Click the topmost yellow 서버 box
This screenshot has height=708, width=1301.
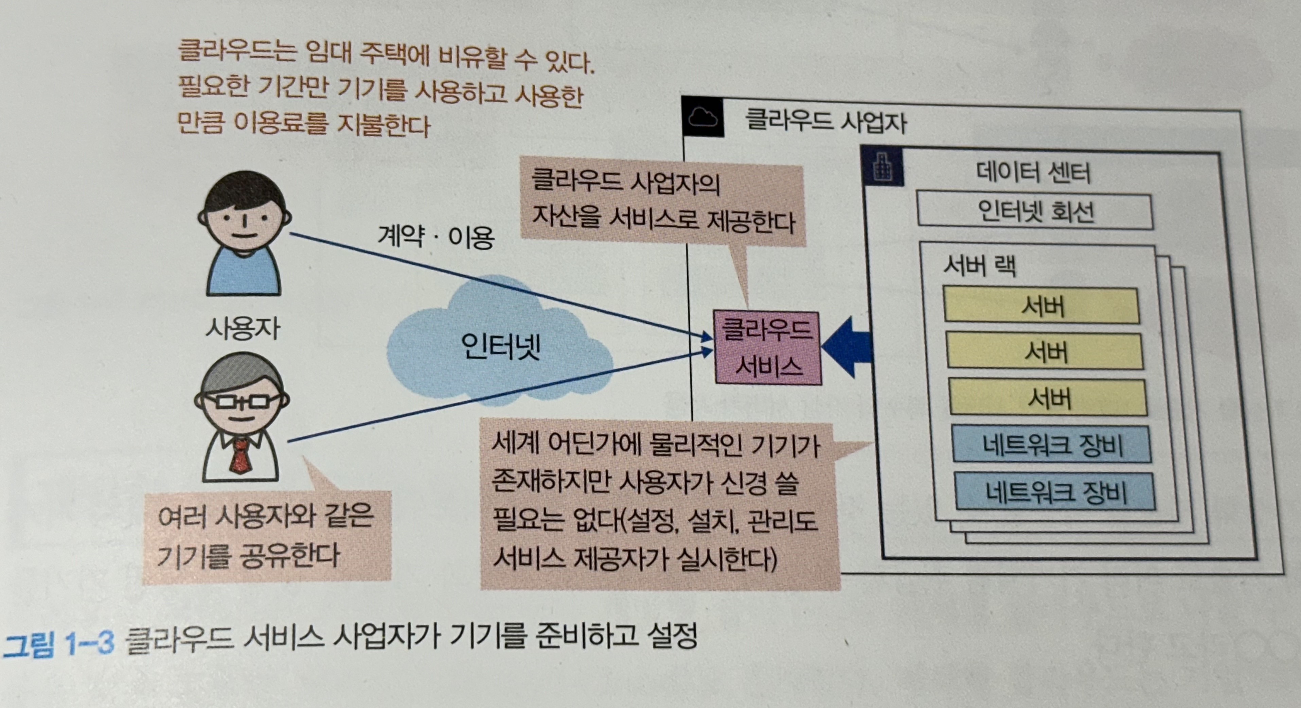click(1041, 305)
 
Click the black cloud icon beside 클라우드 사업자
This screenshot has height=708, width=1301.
click(702, 117)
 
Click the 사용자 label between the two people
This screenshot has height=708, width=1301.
click(243, 328)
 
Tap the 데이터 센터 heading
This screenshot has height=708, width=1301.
click(1033, 173)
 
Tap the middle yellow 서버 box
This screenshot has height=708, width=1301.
click(1045, 351)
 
